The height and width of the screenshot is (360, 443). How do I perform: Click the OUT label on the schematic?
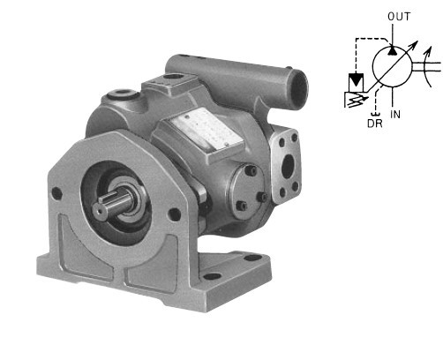tap(399, 17)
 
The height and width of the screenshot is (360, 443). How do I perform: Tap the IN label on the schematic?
tap(395, 114)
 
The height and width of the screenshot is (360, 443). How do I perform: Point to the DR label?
tap(375, 124)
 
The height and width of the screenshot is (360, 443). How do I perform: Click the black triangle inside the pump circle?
tap(392, 50)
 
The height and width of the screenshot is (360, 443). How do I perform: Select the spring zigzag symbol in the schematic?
tap(356, 100)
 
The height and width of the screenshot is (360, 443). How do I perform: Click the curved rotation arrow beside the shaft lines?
tap(428, 66)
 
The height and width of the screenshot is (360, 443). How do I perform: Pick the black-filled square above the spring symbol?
tap(356, 80)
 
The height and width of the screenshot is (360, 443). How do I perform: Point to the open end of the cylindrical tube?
tap(299, 89)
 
